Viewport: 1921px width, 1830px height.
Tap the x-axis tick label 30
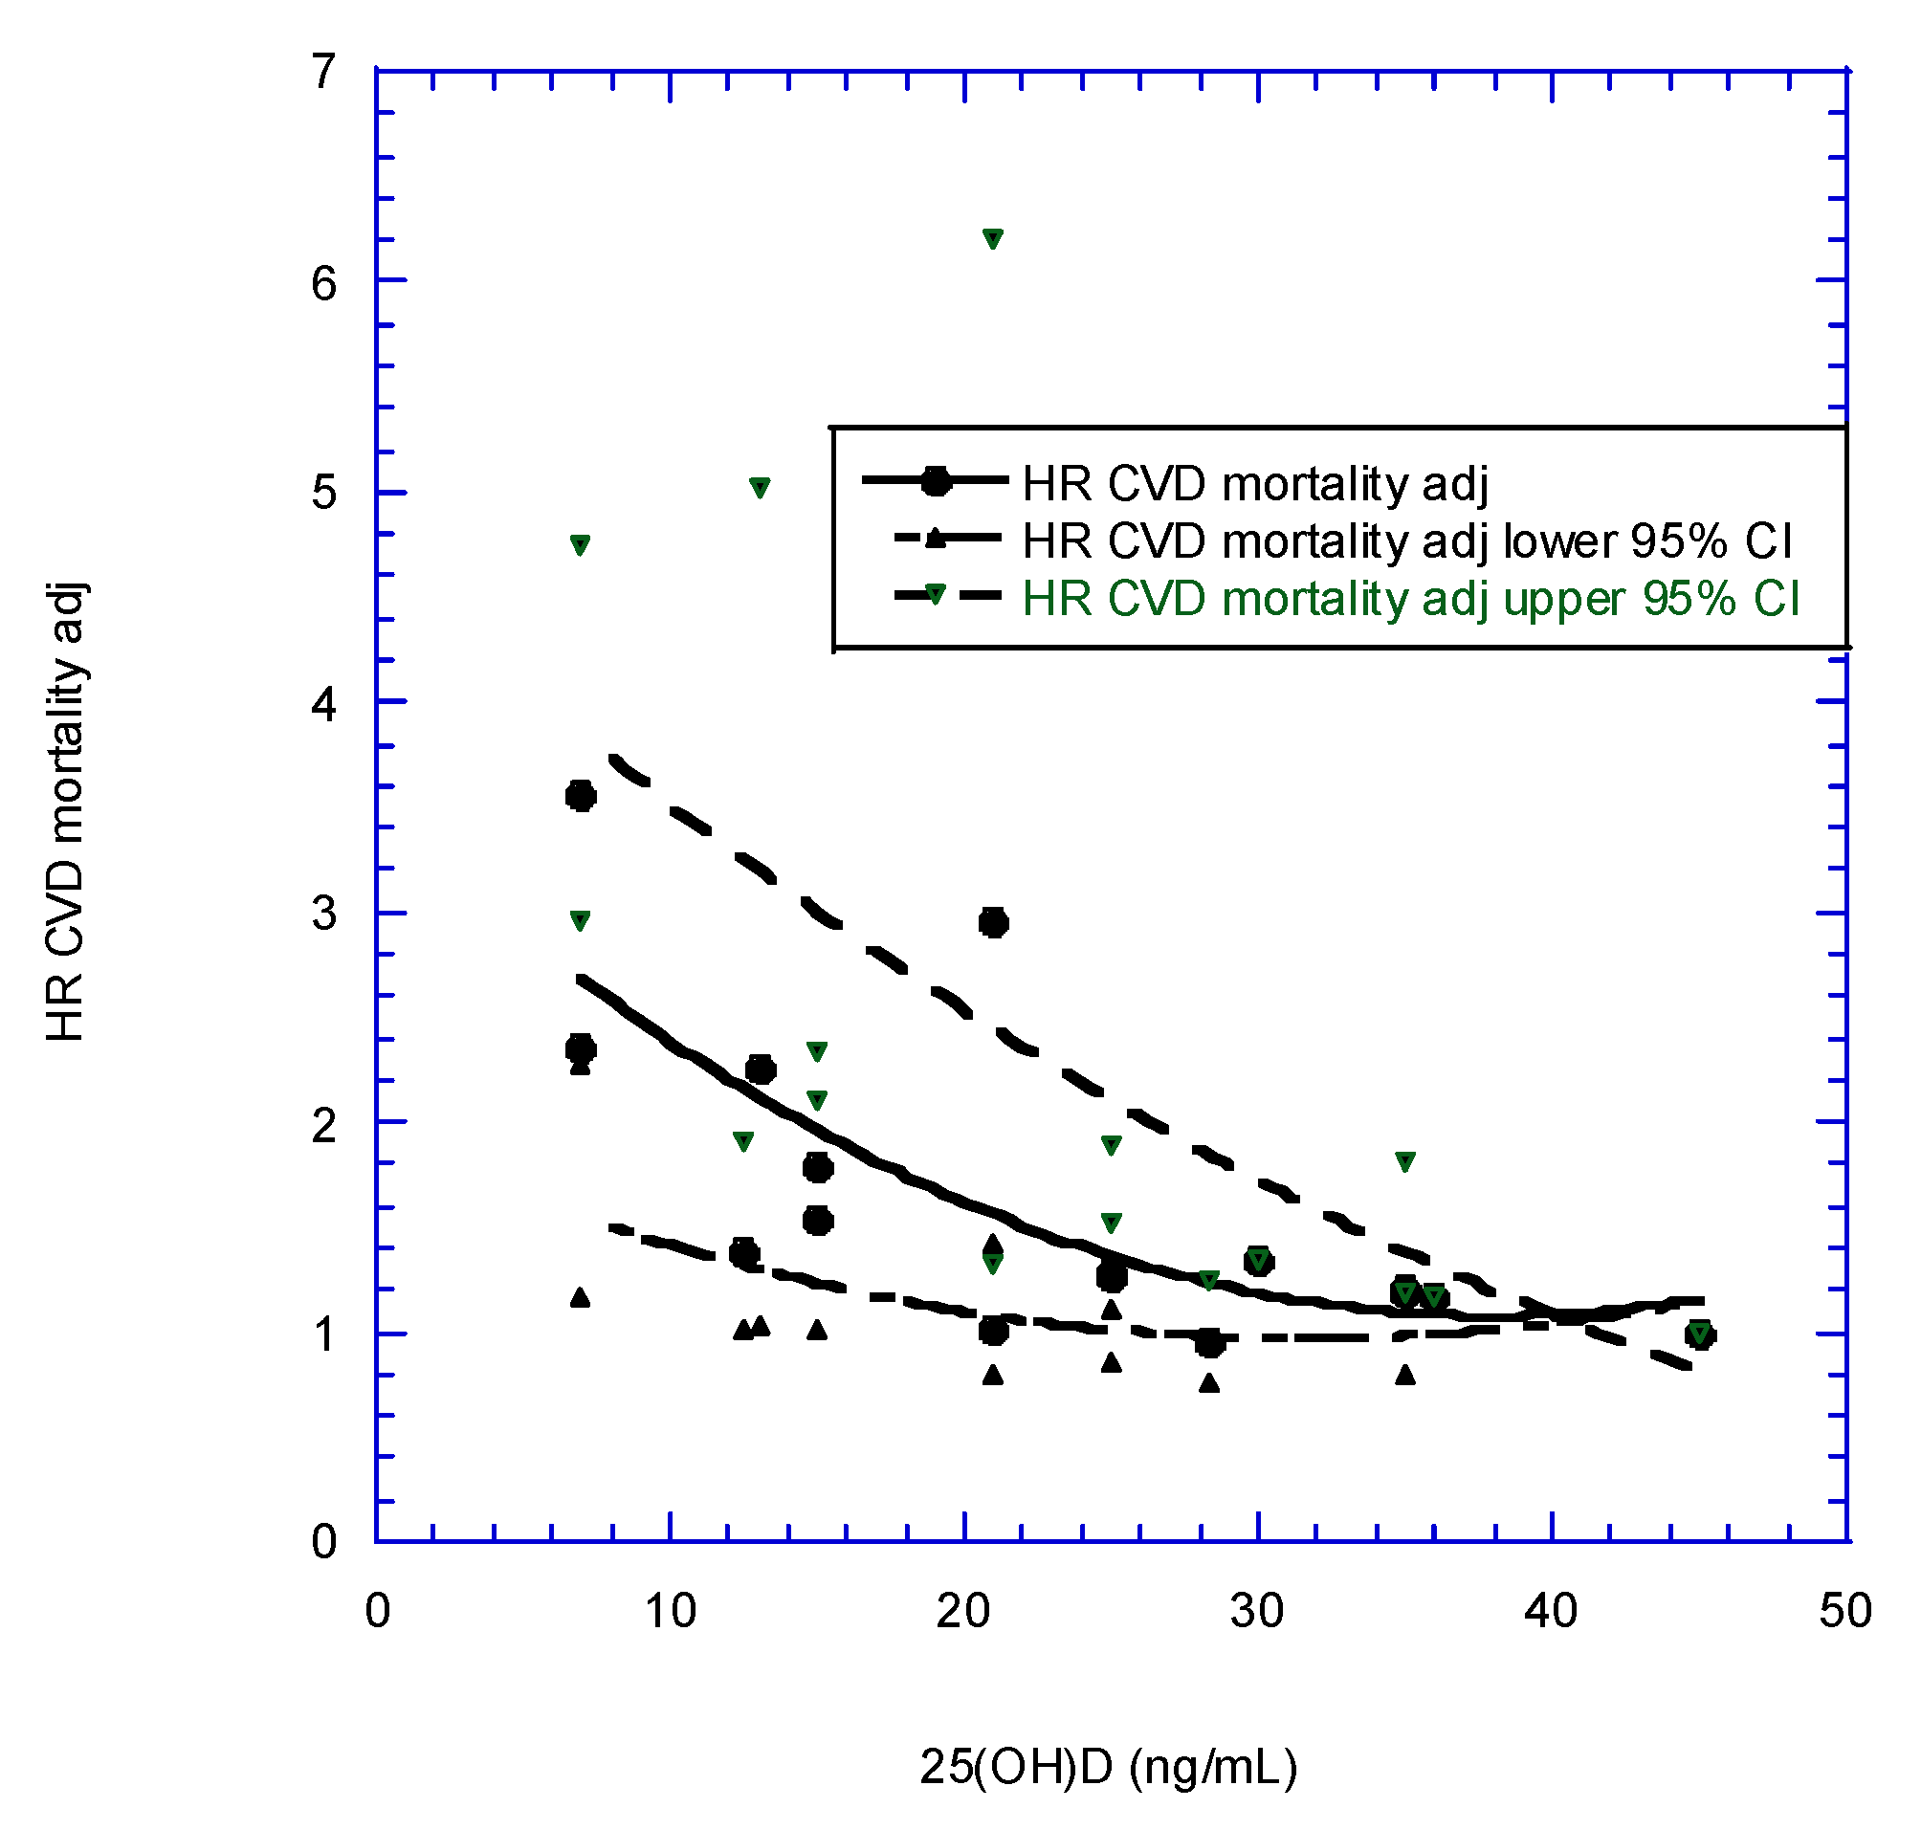tap(1257, 1611)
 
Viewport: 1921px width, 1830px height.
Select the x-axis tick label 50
tap(1844, 1611)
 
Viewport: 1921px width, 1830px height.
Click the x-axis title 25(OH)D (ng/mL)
tap(1109, 1767)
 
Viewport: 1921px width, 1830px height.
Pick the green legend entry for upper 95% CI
tap(1410, 598)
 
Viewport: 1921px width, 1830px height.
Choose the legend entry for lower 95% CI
tap(1406, 540)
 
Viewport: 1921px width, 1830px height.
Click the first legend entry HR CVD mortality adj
tap(1254, 483)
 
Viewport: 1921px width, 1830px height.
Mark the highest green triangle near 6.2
tap(992, 239)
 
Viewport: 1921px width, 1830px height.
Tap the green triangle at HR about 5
tap(759, 488)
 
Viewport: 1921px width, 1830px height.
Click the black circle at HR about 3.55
tap(581, 796)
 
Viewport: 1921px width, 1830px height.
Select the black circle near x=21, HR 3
tap(993, 922)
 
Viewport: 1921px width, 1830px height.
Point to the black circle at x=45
tap(1700, 1334)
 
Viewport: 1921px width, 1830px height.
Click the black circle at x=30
tap(1259, 1262)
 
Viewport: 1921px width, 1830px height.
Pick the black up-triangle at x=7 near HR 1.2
tap(581, 1297)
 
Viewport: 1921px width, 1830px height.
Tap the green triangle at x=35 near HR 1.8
tap(1405, 1161)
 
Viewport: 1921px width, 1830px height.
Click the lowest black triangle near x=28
tap(1209, 1382)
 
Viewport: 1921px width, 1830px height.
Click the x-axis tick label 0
tap(378, 1611)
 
